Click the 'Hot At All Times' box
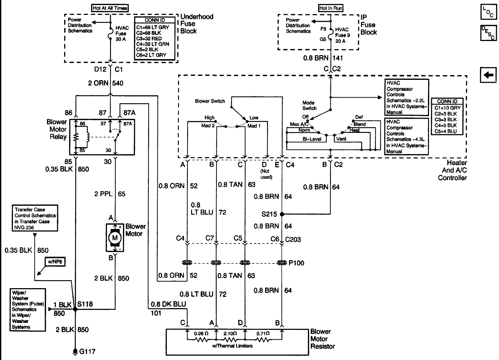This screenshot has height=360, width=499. click(110, 8)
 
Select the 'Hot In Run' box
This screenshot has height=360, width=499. click(331, 8)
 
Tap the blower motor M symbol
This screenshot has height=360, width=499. click(115, 238)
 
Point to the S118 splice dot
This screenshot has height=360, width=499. click(75, 309)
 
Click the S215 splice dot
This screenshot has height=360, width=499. click(282, 214)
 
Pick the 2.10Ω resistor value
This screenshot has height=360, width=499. click(230, 334)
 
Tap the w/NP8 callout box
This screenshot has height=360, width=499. click(55, 262)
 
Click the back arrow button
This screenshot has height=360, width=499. click(488, 75)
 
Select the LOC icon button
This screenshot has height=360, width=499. click(488, 12)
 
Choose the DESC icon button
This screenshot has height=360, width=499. click(488, 33)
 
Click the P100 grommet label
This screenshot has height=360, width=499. click(296, 263)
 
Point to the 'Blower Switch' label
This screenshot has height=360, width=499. click(210, 101)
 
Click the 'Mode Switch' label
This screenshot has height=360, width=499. click(309, 105)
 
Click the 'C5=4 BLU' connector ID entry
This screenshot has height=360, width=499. click(447, 131)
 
